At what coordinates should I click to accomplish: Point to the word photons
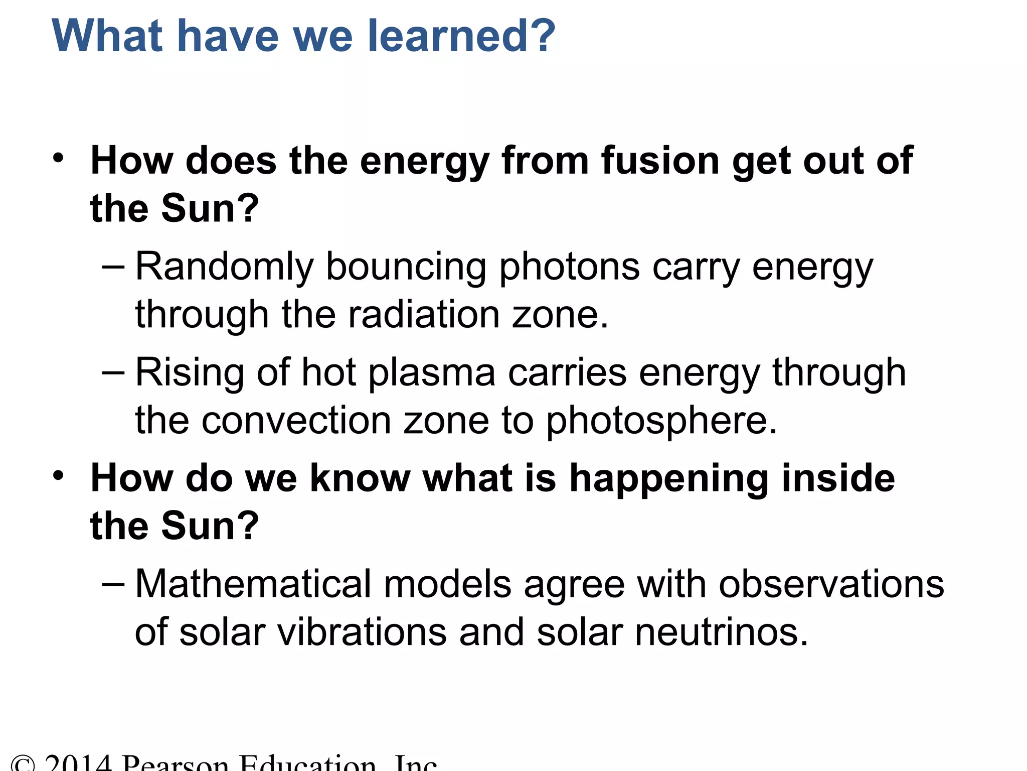click(569, 267)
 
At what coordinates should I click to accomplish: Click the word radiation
click(424, 315)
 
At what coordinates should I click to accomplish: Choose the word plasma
click(432, 373)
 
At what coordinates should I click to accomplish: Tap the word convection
click(296, 421)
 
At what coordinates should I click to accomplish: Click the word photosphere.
click(661, 421)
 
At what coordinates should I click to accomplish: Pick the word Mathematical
click(253, 584)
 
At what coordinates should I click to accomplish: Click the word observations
click(831, 584)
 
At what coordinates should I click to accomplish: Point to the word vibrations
click(362, 632)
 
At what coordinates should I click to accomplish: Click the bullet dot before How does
click(59, 158)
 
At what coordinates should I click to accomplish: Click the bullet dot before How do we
click(59, 475)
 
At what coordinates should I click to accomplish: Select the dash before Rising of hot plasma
click(113, 373)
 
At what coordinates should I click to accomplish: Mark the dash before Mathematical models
click(113, 584)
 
